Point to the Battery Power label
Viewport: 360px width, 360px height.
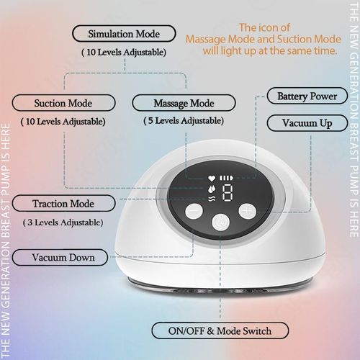click(x=312, y=95)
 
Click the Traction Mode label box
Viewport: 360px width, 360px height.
click(x=66, y=204)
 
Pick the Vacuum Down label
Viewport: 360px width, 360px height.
click(x=63, y=256)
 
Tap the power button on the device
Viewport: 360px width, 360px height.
click(x=220, y=222)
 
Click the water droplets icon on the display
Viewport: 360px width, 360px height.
click(x=210, y=185)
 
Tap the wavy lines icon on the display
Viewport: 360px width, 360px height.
click(x=210, y=196)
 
